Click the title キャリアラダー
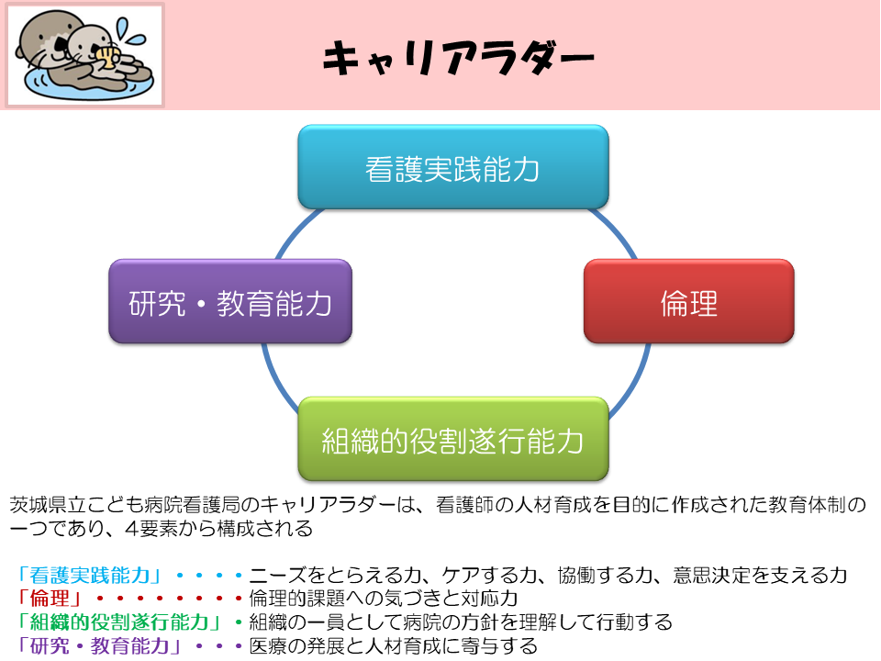[458, 58]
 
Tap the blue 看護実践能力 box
[453, 167]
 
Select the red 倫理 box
[689, 301]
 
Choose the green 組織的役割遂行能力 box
[453, 439]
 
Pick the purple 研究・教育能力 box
[230, 301]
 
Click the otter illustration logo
[84, 55]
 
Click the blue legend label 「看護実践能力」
[90, 575]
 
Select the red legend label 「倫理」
[49, 598]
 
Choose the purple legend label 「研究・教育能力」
[99, 645]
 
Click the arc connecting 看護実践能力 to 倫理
[616, 230]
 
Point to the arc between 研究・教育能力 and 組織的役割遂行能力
[278, 377]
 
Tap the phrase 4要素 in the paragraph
[151, 529]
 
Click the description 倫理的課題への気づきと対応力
[384, 598]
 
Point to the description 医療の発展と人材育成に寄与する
[393, 645]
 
